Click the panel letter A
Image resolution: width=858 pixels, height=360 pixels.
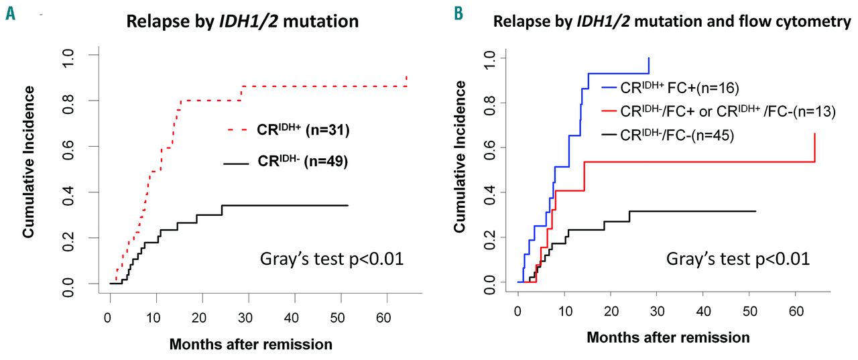click(x=11, y=13)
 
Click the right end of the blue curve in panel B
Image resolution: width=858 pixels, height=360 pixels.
click(x=649, y=58)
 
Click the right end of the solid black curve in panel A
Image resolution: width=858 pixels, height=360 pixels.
click(x=348, y=205)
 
